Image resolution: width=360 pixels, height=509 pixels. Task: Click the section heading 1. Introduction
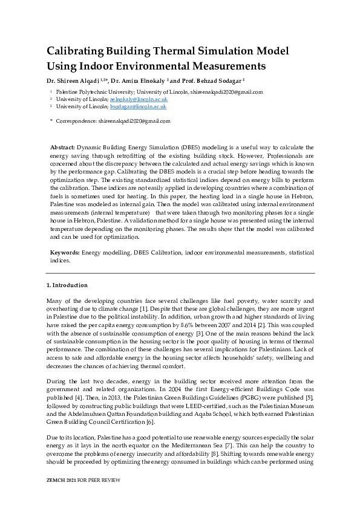point(67,285)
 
